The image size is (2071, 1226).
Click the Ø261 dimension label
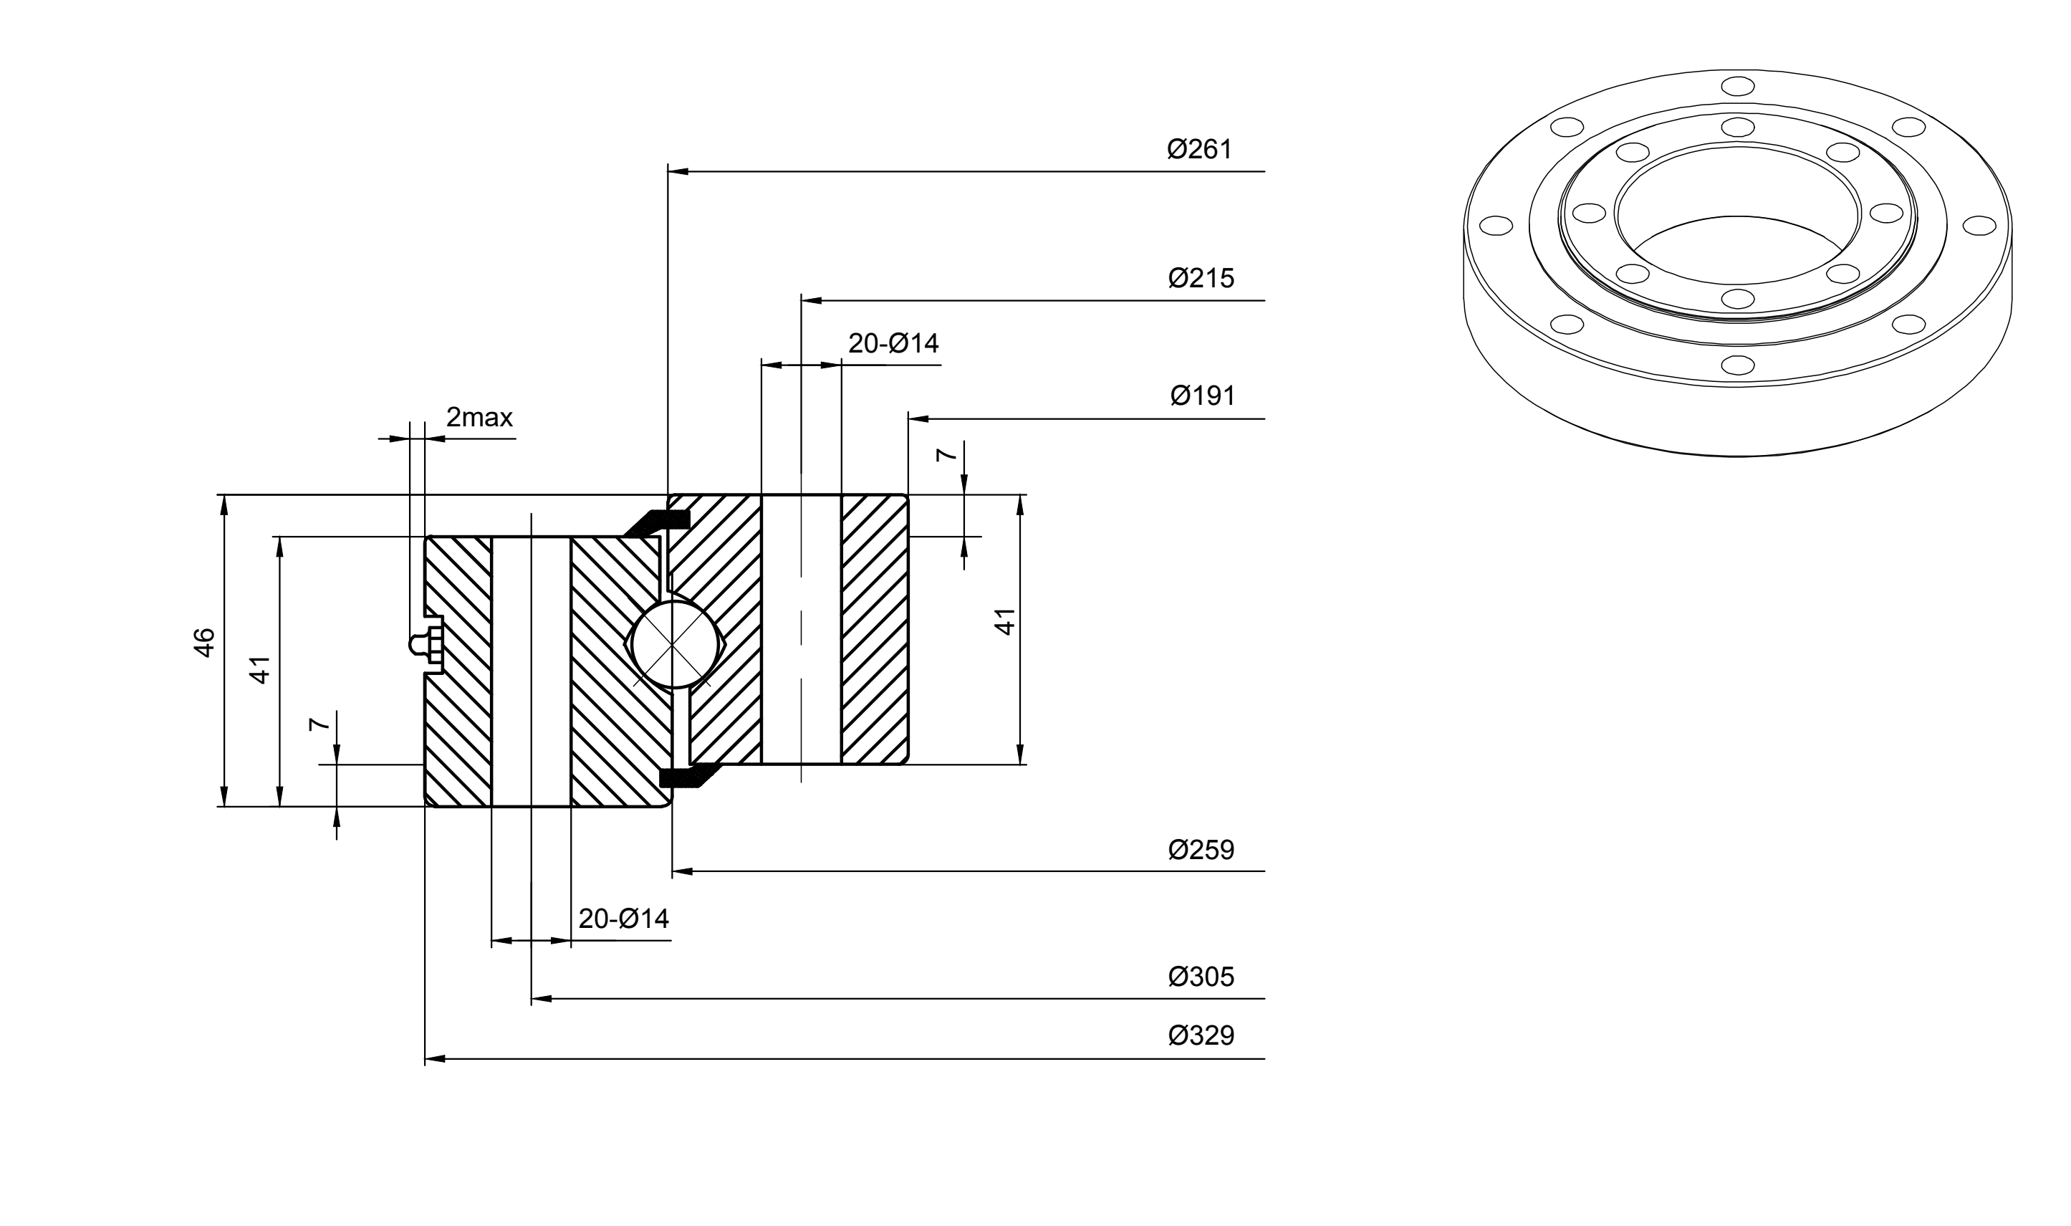1199,150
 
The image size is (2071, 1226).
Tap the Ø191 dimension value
1202,396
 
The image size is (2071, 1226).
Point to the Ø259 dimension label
1201,850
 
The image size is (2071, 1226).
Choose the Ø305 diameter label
1201,977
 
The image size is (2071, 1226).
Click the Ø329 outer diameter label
1201,1035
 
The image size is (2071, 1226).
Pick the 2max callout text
479,417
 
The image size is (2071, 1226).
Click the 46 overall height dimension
204,643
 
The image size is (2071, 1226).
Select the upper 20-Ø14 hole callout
893,343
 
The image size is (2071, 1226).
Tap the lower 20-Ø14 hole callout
623,919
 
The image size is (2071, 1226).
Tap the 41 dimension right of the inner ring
1004,621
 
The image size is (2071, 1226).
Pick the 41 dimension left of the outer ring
260,669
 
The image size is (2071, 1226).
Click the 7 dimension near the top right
946,454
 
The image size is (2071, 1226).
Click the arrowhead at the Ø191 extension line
919,419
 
